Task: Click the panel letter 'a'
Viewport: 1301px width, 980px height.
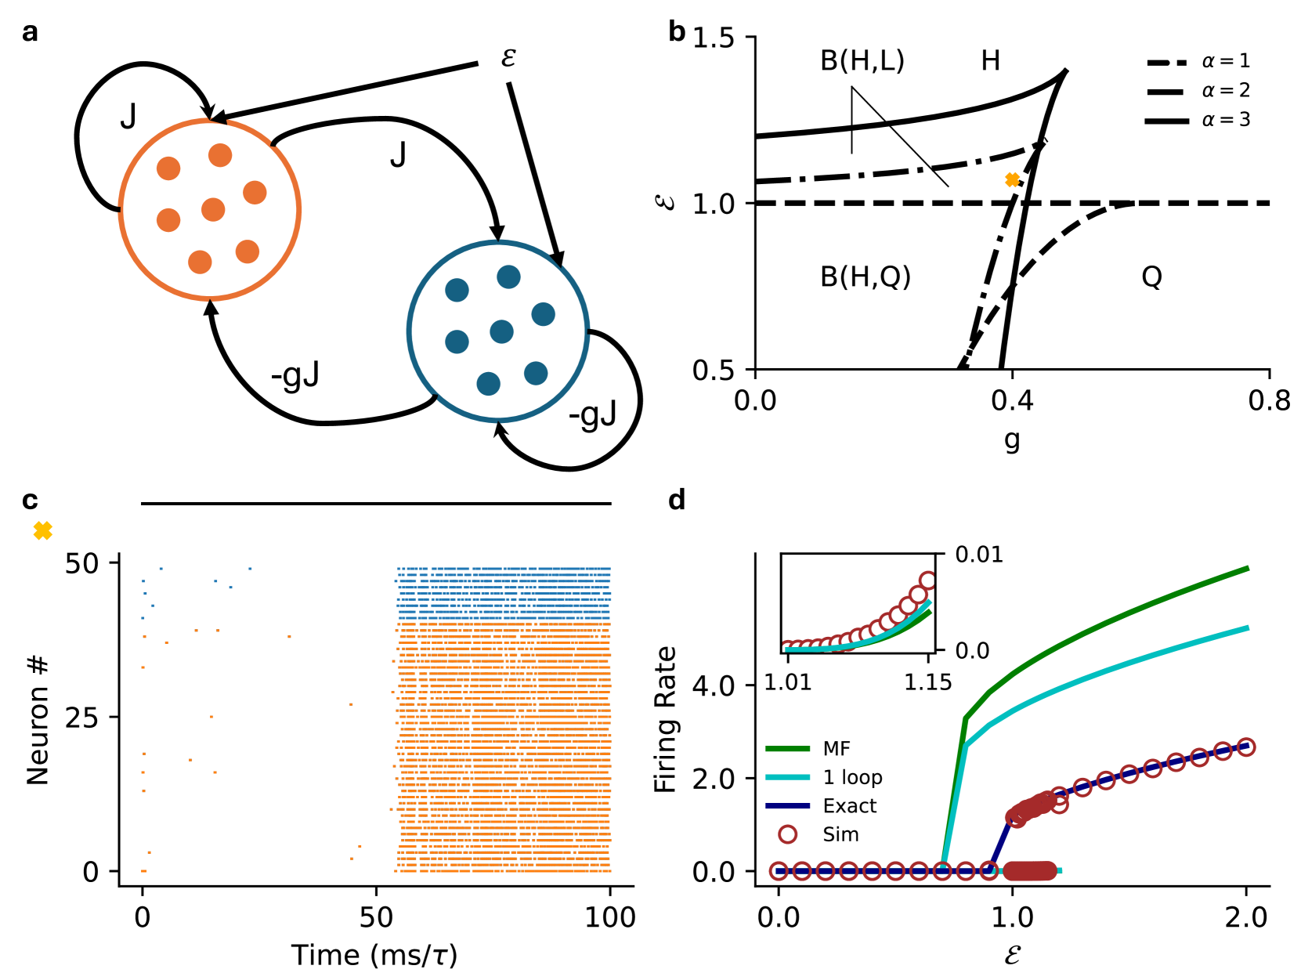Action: pos(30,33)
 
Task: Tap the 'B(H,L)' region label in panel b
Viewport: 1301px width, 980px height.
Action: pos(862,60)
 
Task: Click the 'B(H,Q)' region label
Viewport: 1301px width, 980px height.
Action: pos(865,277)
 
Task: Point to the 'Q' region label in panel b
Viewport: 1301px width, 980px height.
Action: pos(1151,277)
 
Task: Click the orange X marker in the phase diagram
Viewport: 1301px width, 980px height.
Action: pos(1012,180)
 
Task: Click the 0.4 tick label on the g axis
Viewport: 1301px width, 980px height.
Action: pos(1012,400)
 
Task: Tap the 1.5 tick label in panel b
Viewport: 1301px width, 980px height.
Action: pos(713,38)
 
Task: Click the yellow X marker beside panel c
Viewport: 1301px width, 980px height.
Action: pos(43,531)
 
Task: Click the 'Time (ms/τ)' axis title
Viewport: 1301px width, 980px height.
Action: pos(374,955)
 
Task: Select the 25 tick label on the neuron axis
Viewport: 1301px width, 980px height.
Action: pos(81,717)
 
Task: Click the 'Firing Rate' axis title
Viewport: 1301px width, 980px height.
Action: pos(665,719)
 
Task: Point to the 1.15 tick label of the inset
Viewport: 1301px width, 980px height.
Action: pos(927,682)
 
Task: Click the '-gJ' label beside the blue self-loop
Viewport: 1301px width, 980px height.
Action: pos(593,414)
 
